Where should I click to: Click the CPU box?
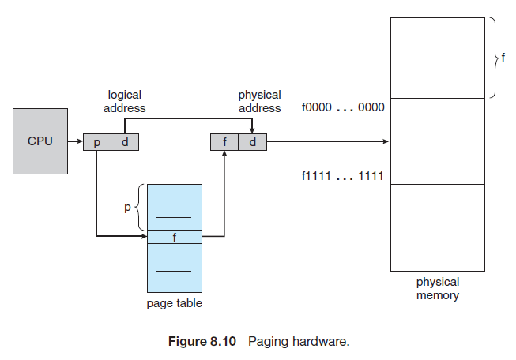40,141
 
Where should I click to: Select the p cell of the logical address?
96,142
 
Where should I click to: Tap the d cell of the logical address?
123,142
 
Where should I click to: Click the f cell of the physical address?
224,142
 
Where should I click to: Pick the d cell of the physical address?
252,142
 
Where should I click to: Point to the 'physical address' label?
259,101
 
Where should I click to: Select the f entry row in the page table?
174,235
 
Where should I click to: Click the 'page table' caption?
174,303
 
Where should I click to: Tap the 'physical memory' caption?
438,289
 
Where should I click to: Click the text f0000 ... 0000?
342,107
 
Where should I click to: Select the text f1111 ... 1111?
342,176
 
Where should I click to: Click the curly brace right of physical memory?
492,57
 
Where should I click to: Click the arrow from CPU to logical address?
75,142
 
